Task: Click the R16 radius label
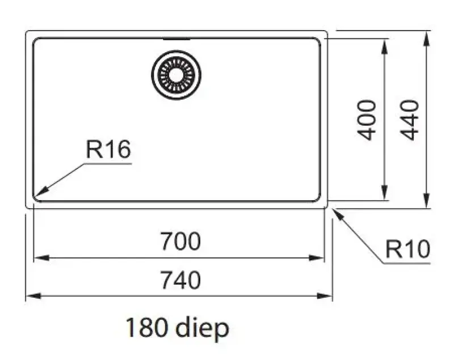click(x=108, y=150)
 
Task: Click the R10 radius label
click(x=407, y=249)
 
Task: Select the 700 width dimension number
click(x=180, y=242)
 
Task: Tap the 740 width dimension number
click(x=180, y=280)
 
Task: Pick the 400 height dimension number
click(x=368, y=120)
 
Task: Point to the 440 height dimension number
click(x=410, y=120)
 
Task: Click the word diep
click(x=201, y=328)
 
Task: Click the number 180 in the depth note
click(x=146, y=328)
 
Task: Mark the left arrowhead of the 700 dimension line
click(x=37, y=258)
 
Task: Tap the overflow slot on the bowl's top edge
click(x=176, y=39)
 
